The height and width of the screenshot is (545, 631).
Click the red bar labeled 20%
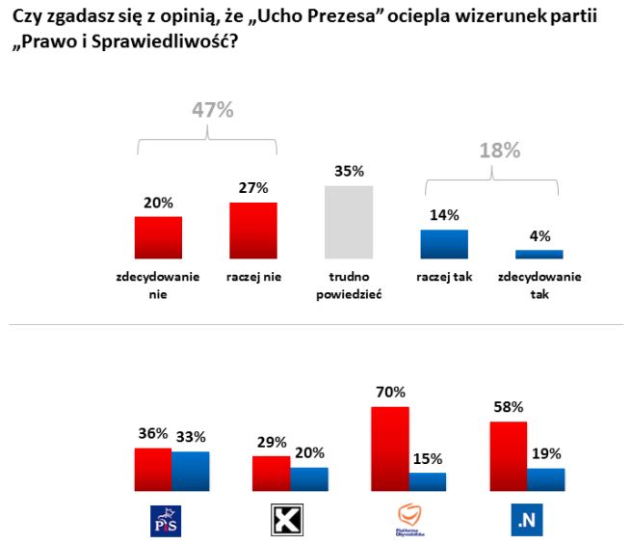(x=159, y=237)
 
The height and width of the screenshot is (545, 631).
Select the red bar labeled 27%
(x=252, y=231)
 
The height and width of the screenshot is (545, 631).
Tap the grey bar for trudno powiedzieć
(x=348, y=222)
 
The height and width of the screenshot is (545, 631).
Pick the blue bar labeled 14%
(x=443, y=244)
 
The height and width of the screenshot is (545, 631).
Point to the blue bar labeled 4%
(x=539, y=254)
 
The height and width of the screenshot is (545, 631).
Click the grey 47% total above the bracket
(x=211, y=110)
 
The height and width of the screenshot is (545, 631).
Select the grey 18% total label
(x=499, y=150)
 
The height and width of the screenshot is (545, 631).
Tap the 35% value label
(x=348, y=171)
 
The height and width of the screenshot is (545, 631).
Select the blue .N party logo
(x=525, y=522)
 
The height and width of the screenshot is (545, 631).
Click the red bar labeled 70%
(x=390, y=450)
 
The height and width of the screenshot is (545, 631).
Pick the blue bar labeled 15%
(x=427, y=482)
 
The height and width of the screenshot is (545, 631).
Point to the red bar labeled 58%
(x=509, y=456)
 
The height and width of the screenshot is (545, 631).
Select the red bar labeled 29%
(x=272, y=474)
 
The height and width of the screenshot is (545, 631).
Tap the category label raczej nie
(x=252, y=277)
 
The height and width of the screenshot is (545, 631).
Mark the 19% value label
(x=546, y=452)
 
